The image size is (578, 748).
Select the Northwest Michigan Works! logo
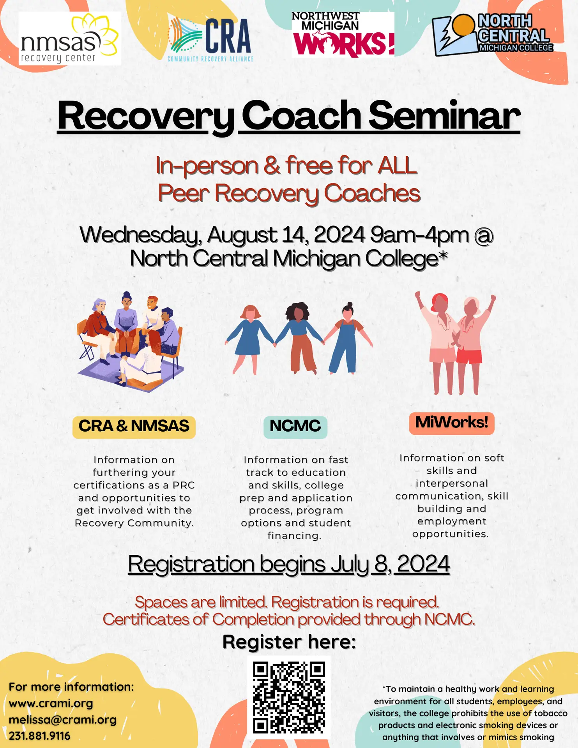[343, 35]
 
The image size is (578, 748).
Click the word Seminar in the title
[444, 116]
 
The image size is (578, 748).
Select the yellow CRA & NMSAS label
[134, 426]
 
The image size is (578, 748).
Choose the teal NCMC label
[295, 426]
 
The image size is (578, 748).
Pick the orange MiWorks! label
[451, 423]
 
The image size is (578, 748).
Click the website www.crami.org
[51, 703]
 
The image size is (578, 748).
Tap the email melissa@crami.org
[62, 720]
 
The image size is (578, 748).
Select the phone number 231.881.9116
[39, 736]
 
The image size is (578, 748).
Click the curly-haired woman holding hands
[299, 335]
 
